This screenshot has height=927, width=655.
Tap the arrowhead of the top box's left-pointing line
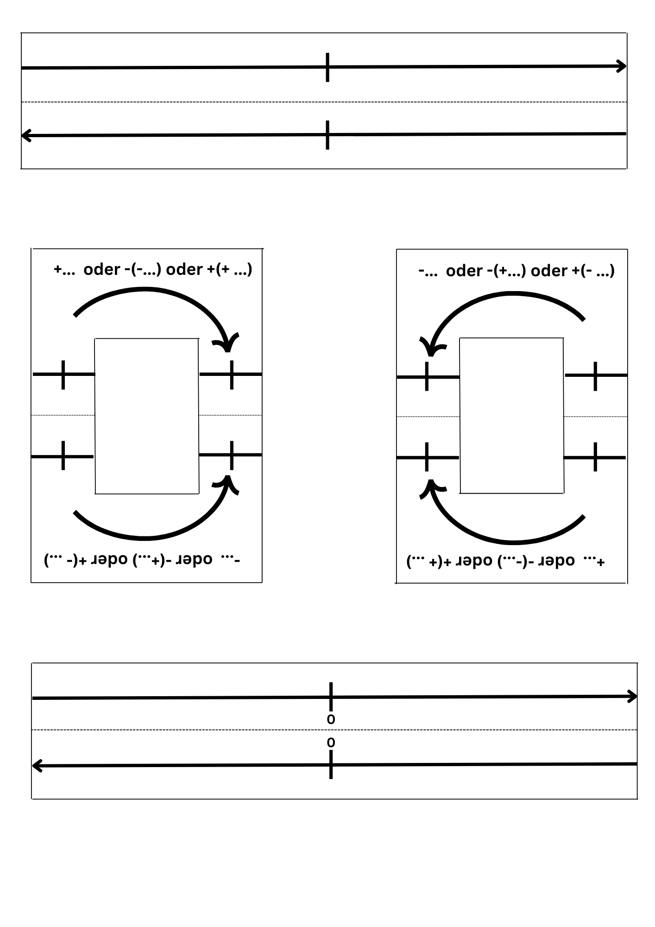(26, 136)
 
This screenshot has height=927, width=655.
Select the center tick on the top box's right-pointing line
(327, 68)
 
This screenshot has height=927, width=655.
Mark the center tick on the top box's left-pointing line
(327, 135)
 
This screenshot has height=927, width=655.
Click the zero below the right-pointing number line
(331, 719)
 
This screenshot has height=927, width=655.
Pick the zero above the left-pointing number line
(331, 743)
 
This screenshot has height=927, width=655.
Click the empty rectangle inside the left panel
(147, 416)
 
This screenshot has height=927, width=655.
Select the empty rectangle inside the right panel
(512, 415)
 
